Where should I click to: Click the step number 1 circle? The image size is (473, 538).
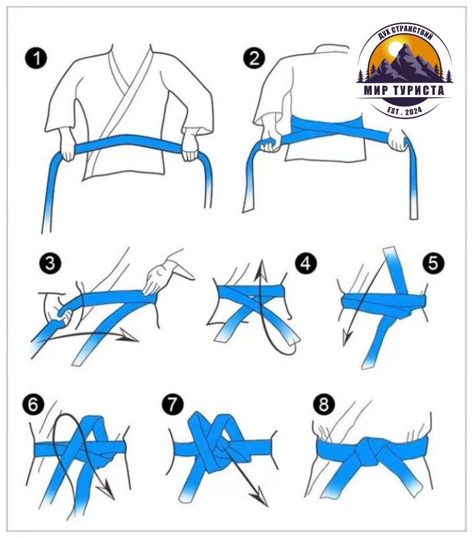(x=36, y=58)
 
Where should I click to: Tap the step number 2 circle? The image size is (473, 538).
(x=254, y=58)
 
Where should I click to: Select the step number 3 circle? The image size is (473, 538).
(x=50, y=264)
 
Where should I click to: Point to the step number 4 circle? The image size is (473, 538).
(x=306, y=264)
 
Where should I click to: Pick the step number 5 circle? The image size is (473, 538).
(x=433, y=264)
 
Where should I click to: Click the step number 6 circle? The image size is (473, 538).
(x=34, y=404)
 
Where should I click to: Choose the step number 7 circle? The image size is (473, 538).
(x=172, y=404)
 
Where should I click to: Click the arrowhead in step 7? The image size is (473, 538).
(x=259, y=499)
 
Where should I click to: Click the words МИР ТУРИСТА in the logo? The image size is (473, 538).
(x=404, y=91)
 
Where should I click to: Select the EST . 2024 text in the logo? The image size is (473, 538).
(x=404, y=110)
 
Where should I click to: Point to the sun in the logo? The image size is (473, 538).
(x=394, y=47)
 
